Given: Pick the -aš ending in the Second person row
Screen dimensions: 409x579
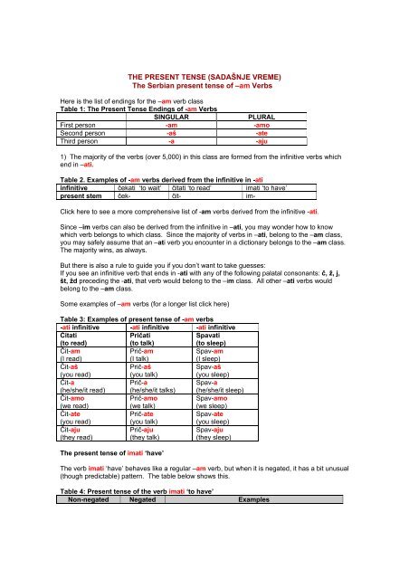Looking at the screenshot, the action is pos(158,134).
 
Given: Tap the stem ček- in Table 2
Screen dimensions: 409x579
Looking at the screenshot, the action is pos(126,195).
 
